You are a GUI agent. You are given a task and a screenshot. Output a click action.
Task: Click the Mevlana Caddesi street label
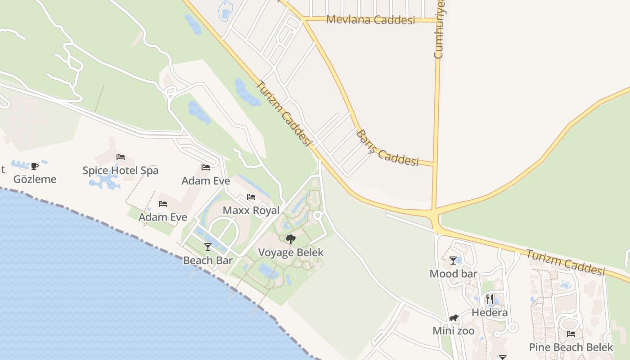[370, 20]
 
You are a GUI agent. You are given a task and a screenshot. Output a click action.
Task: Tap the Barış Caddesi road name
[387, 148]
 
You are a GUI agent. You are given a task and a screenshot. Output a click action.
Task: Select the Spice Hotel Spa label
[121, 171]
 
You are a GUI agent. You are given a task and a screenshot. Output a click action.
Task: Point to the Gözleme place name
[35, 179]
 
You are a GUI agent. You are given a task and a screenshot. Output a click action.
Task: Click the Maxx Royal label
[251, 210]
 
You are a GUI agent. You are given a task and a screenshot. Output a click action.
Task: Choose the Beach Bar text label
[208, 260]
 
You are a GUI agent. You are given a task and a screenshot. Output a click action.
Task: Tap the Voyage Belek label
[291, 252]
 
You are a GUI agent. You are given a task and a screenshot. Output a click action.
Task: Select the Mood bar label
[453, 274]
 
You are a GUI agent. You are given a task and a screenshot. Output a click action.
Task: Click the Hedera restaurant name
[490, 313]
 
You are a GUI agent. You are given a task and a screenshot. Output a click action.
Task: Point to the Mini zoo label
[454, 331]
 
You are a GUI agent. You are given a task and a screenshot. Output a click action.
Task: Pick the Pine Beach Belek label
[571, 347]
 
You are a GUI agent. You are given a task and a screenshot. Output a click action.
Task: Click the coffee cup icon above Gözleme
[35, 166]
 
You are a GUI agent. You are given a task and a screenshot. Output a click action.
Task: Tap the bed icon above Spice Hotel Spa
[121, 157]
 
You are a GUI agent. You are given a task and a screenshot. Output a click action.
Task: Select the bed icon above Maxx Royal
[251, 197]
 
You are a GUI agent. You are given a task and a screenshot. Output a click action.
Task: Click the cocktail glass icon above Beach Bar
[208, 247]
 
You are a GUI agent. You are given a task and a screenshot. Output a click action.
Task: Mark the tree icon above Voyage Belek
[291, 239]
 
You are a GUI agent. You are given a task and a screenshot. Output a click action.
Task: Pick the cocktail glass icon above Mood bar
[453, 261]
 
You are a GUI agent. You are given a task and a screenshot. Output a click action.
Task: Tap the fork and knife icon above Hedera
[490, 299]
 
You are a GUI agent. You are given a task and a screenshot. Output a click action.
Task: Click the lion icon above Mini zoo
[454, 318]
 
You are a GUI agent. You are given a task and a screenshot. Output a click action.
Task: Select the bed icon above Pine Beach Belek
[571, 334]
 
